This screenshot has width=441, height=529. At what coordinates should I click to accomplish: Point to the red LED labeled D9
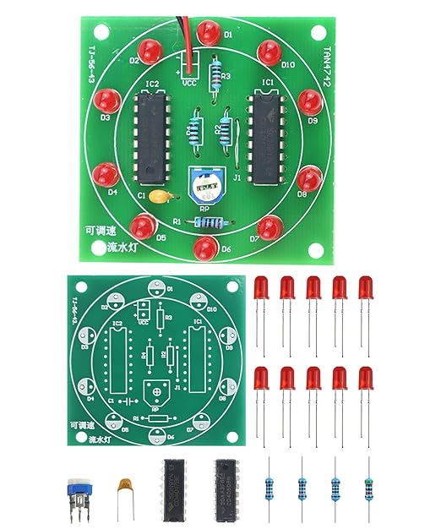(308, 103)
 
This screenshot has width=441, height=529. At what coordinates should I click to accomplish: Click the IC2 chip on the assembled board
(152, 139)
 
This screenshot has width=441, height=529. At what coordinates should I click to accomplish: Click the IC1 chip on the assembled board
(265, 139)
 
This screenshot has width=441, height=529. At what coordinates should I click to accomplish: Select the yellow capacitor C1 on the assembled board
(161, 198)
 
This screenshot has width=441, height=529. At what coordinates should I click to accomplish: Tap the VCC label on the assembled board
(189, 83)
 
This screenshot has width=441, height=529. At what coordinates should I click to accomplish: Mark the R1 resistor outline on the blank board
(158, 418)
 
